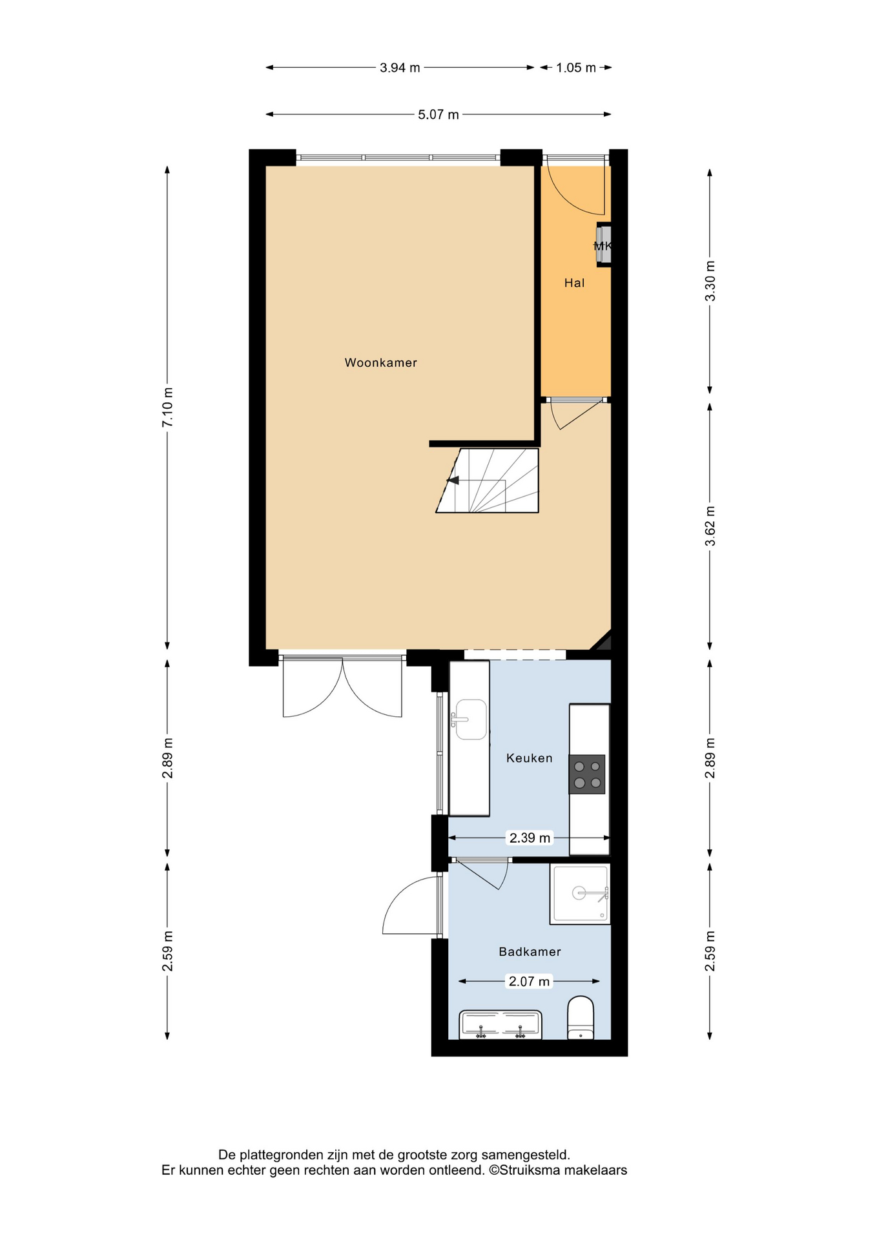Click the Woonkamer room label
click(380, 363)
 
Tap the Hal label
click(574, 283)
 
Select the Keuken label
click(529, 758)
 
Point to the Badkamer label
click(530, 952)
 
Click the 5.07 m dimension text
click(438, 115)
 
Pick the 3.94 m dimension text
click(400, 68)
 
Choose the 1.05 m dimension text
click(576, 68)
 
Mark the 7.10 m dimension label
click(168, 407)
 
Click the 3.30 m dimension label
click(710, 281)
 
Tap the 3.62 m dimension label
click(710, 526)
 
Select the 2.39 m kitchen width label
click(530, 838)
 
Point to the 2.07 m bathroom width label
click(529, 982)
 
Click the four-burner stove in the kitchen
click(587, 774)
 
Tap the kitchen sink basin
click(471, 719)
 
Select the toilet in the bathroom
click(580, 1018)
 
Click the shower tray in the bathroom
click(580, 894)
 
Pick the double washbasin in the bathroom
click(500, 1025)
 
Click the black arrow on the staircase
click(453, 480)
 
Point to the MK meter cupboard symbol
click(603, 245)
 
